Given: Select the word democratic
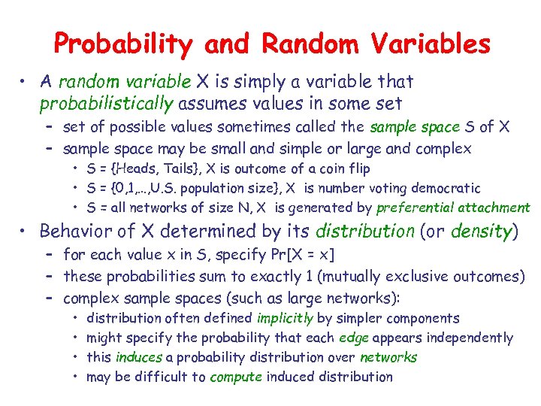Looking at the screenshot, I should [x=446, y=188].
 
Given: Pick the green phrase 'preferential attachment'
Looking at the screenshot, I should [x=453, y=208].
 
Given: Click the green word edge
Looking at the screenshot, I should [x=354, y=338].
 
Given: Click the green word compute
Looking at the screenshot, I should [x=235, y=377].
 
